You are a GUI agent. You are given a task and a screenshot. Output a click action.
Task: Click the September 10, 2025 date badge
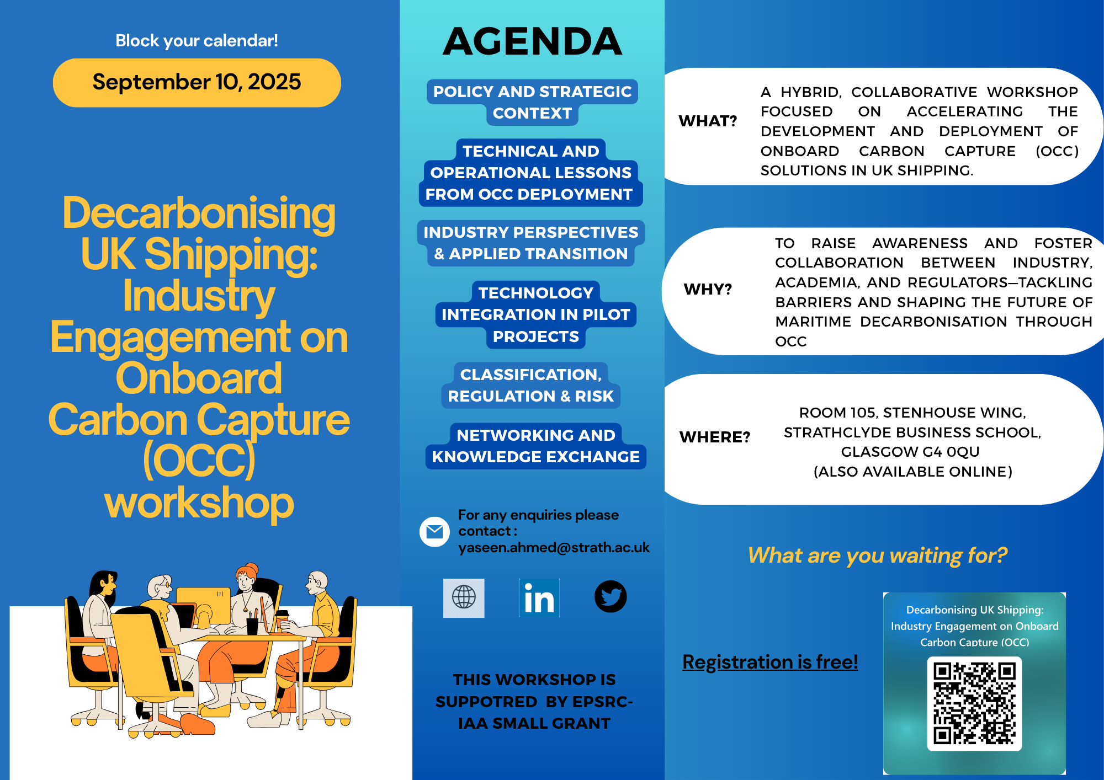[x=197, y=83]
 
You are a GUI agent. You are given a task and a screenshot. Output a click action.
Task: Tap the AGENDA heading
[x=532, y=41]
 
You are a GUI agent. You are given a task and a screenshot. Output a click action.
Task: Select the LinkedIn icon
[x=539, y=598]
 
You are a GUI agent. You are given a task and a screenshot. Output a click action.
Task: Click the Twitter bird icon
[x=611, y=596]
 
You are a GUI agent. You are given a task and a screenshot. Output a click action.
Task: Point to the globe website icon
[x=464, y=598]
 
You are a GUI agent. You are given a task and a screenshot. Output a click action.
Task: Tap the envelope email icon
[x=434, y=532]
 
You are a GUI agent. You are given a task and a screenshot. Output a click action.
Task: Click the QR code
[x=974, y=704]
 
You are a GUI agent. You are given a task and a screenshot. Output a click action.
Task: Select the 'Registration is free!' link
[x=770, y=661]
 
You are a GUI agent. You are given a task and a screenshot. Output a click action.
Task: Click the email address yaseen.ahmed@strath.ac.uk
[x=554, y=547]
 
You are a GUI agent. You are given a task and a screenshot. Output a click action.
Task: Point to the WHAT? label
[x=708, y=121]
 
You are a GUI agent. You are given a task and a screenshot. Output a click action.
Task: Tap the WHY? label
[x=708, y=289]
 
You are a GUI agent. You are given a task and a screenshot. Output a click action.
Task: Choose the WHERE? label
[x=715, y=437]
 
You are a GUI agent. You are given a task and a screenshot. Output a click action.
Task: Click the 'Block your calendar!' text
[x=197, y=41]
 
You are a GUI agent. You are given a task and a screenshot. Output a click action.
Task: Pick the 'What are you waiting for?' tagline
[x=877, y=555]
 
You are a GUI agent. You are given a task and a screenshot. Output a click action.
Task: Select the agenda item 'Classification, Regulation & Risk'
[x=531, y=385]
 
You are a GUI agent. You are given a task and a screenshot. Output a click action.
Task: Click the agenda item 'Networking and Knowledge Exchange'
[x=535, y=446]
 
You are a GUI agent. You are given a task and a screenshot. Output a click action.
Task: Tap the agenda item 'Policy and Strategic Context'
[x=532, y=102]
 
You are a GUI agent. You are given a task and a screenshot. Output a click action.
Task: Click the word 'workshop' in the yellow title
[x=199, y=503]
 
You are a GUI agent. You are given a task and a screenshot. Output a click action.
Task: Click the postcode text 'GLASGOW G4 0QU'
[x=910, y=452]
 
